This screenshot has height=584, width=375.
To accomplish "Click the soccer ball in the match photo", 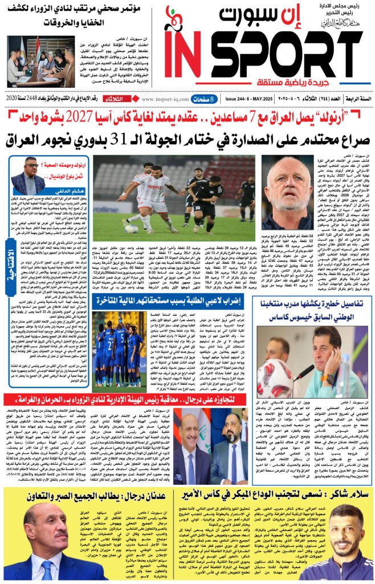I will click(132, 228).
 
